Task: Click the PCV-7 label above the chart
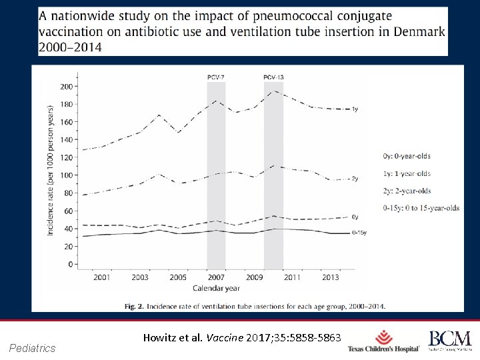216,77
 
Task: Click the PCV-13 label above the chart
273,77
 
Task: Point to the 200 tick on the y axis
66,87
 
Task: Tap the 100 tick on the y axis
66,175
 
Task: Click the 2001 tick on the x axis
102,277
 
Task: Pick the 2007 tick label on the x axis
216,277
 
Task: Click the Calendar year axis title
216,289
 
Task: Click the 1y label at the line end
355,109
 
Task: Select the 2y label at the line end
355,179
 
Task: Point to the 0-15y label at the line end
359,233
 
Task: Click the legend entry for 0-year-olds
407,157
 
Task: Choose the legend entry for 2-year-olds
407,191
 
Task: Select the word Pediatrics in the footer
33,348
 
